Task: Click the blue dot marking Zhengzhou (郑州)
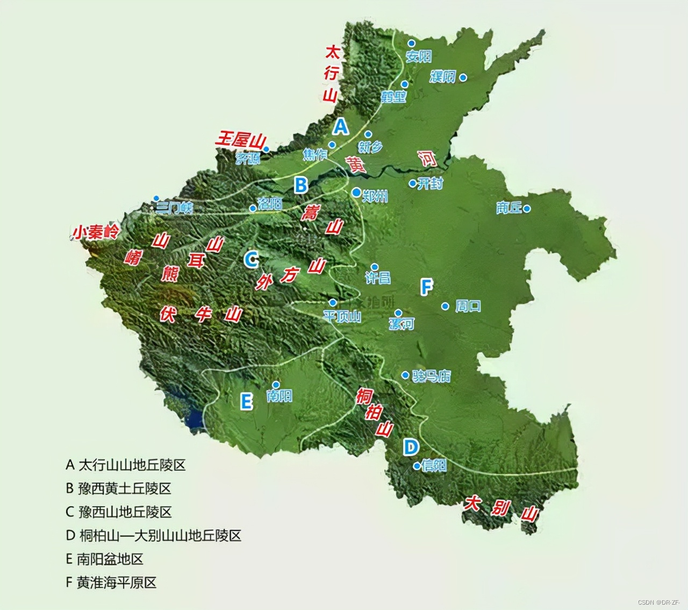pos(356,192)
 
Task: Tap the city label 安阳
pos(419,56)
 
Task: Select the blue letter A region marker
pos(341,126)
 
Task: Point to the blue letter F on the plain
pos(426,287)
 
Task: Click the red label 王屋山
pos(240,140)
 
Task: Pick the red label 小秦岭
pos(96,232)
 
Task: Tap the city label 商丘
pos(508,208)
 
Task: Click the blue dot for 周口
pos(445,306)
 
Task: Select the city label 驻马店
pos(432,376)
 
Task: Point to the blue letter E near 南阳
pos(246,401)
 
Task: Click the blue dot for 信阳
pos(417,466)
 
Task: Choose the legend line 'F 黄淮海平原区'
pos(111,583)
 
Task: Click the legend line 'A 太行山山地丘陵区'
pos(126,465)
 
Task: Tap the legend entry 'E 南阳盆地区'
pos(105,559)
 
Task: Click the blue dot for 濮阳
pos(463,77)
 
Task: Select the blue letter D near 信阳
pos(411,446)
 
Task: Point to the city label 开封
pos(430,183)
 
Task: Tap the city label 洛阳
pos(270,203)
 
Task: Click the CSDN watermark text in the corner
pos(659,602)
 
